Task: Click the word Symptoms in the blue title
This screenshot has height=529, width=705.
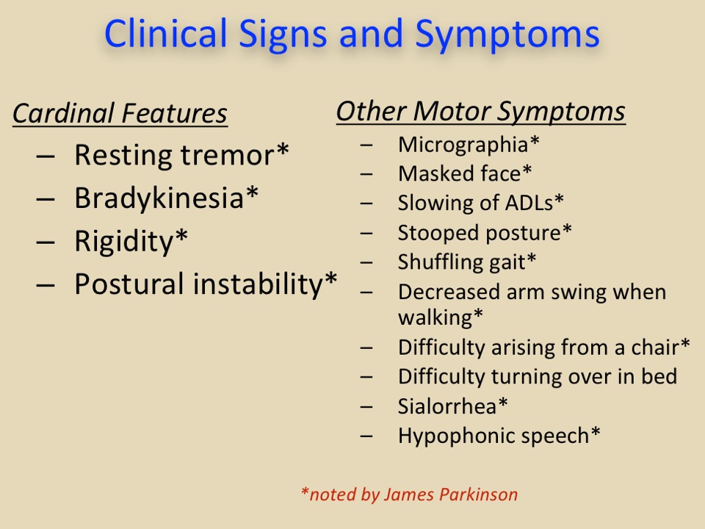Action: click(x=507, y=35)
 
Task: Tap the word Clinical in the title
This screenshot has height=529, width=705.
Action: click(x=165, y=33)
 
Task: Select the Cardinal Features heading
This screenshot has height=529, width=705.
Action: click(x=120, y=113)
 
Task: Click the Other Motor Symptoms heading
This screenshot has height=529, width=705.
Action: click(x=480, y=111)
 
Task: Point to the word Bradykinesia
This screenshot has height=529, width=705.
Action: click(x=159, y=198)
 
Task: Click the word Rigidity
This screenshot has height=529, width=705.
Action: click(x=124, y=241)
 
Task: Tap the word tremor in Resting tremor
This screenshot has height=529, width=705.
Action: click(x=228, y=155)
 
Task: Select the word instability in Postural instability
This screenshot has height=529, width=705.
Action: click(x=258, y=284)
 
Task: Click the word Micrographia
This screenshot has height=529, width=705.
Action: click(x=463, y=145)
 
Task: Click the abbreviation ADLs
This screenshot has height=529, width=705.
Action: click(x=529, y=203)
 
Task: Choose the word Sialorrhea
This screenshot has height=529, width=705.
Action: click(x=447, y=406)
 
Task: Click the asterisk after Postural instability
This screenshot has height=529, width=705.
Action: click(x=331, y=278)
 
